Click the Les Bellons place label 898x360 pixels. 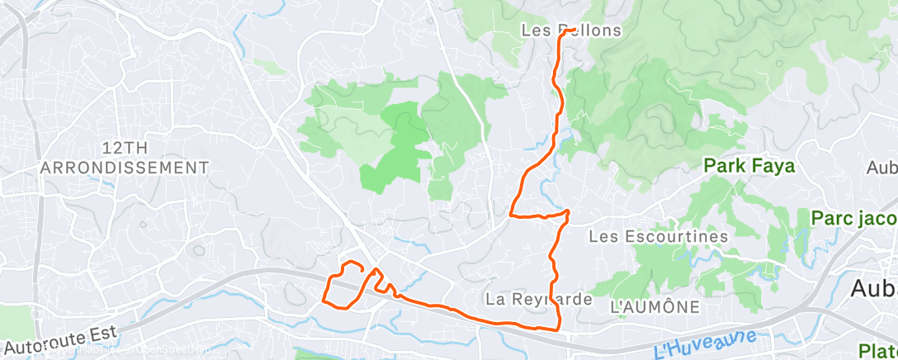571,30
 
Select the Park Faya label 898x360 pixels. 749,166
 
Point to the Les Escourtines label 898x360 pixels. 659,236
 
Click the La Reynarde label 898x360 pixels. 539,299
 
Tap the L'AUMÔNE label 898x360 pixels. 655,307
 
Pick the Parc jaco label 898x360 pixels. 853,219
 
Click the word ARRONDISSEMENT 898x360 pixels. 125,167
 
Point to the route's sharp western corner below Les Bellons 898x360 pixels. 512,215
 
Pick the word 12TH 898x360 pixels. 125,147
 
